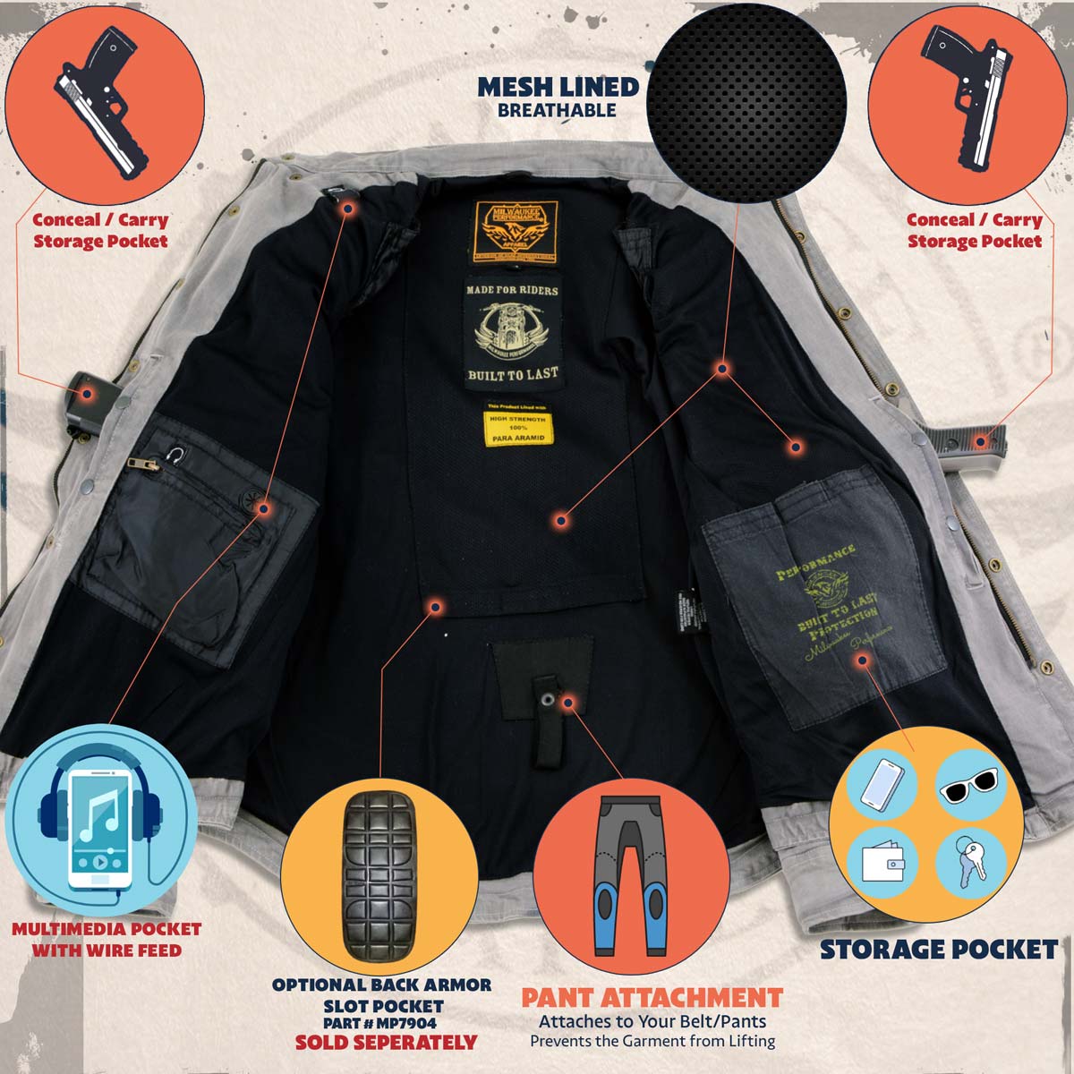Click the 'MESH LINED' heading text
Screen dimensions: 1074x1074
pyautogui.click(x=558, y=87)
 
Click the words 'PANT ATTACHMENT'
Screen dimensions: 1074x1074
pyautogui.click(x=652, y=998)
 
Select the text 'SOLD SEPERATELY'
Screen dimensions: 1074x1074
pyautogui.click(x=387, y=1043)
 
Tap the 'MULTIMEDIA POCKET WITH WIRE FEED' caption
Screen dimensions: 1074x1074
pyautogui.click(x=107, y=940)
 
